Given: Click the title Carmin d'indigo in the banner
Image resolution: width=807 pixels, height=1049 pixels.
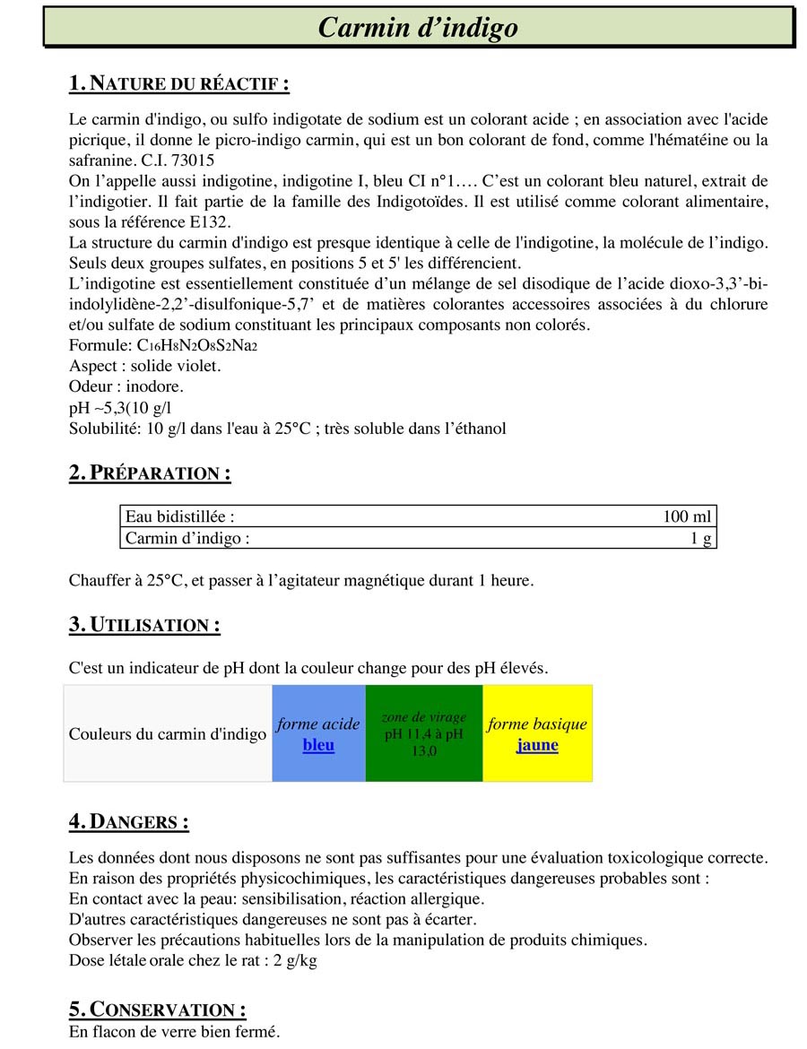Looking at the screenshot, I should coord(418,28).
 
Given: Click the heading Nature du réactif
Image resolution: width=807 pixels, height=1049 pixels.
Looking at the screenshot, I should coord(178,84).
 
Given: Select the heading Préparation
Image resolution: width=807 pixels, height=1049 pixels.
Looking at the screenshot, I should coord(150,473).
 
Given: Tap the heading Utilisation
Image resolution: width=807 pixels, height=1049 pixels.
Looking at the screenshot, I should coord(144,625).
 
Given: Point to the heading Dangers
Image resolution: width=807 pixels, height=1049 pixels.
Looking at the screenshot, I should coord(128,821).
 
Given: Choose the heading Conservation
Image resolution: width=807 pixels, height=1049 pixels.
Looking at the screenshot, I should coord(157,1010).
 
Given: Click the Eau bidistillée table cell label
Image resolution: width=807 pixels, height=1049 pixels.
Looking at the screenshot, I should coord(180,517).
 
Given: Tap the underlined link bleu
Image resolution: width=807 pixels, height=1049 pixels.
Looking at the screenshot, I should coord(318,745).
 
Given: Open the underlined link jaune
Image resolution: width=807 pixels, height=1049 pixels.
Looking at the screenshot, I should coord(537,745).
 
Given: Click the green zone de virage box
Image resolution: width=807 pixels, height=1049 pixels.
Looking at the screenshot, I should coord(424,733).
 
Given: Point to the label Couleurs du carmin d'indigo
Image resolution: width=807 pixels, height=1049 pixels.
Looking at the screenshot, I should coord(168,734).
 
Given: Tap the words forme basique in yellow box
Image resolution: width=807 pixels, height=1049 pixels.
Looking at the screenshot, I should coord(537,724).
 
